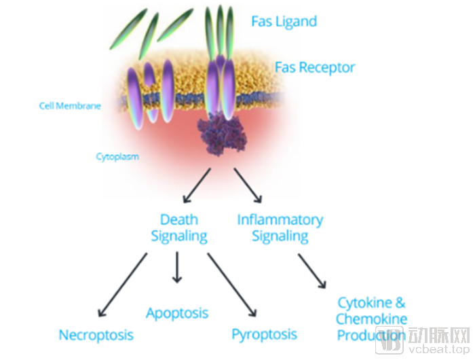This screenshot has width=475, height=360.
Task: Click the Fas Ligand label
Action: tap(284, 22)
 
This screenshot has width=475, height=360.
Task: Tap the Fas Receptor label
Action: tap(315, 68)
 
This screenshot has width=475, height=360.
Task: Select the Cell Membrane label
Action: tap(70, 106)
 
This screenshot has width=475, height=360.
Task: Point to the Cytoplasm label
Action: tap(117, 157)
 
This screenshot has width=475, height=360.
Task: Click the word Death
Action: tap(179, 219)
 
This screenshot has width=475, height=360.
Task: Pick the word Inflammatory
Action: tap(280, 221)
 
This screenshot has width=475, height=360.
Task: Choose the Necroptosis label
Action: tap(96, 336)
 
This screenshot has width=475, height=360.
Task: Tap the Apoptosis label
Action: tap(177, 314)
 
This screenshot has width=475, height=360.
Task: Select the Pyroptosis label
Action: tap(265, 335)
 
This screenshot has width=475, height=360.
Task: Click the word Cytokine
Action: tap(365, 303)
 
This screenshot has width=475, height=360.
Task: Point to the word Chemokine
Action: tap(372, 319)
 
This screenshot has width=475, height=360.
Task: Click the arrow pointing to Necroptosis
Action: tap(123, 285)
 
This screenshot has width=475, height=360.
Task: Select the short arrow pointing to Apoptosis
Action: tap(177, 267)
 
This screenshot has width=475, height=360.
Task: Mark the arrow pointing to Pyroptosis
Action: tap(232, 285)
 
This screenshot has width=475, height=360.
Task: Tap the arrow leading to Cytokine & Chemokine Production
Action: tap(312, 271)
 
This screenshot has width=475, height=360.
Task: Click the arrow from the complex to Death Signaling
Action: tap(197, 185)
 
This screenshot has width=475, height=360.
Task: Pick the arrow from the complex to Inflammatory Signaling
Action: tap(248, 185)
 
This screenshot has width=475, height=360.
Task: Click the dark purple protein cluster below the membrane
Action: tap(222, 134)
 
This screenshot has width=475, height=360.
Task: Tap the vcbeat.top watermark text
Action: tap(439, 349)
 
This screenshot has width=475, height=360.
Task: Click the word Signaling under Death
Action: tap(179, 236)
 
